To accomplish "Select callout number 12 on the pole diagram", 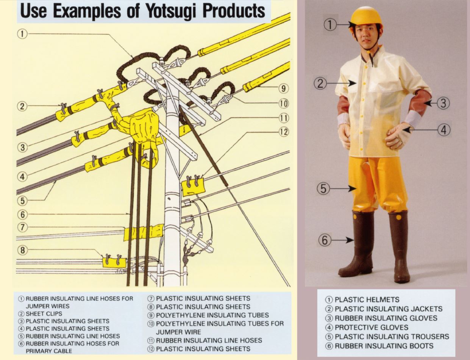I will [x=283, y=132].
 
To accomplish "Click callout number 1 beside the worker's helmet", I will [x=330, y=25].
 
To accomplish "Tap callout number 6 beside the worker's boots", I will [x=325, y=240].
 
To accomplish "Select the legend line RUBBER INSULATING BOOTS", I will [x=380, y=346].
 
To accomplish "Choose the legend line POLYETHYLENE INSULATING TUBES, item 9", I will [x=208, y=315].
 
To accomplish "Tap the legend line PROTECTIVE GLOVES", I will [x=367, y=327].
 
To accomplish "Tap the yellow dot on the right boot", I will [x=398, y=217].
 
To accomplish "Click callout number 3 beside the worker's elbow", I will [x=443, y=103].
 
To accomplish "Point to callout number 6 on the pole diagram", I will [x=22, y=214].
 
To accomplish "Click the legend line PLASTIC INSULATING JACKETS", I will [x=384, y=309].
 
